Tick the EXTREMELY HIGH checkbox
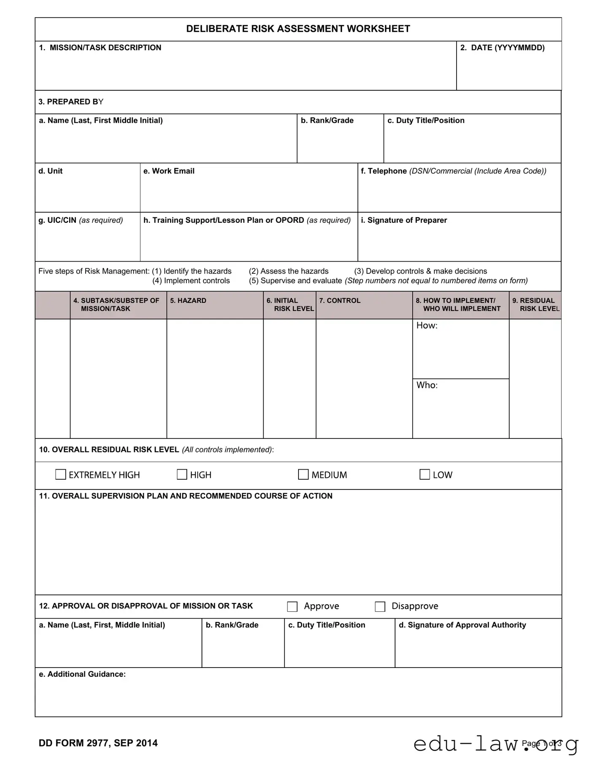pyautogui.click(x=61, y=475)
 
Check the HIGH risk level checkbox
pyautogui.click(x=182, y=475)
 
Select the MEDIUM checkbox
pyautogui.click(x=303, y=475)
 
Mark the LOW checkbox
pyautogui.click(x=425, y=475)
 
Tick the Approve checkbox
pyautogui.click(x=292, y=607)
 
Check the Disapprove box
pyautogui.click(x=380, y=607)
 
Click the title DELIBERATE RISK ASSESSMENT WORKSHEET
pyautogui.click(x=298, y=29)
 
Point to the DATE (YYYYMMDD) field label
pyautogui.click(x=502, y=48)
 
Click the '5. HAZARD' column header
pyautogui.click(x=188, y=300)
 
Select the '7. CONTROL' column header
pyautogui.click(x=339, y=300)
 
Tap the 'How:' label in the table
pyautogui.click(x=427, y=325)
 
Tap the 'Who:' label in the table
pyautogui.click(x=427, y=385)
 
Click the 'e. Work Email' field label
pyautogui.click(x=169, y=171)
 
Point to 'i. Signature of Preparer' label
pyautogui.click(x=403, y=220)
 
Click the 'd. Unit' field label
pyautogui.click(x=50, y=171)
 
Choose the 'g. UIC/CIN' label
pyautogui.click(x=57, y=220)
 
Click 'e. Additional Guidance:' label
pyautogui.click(x=82, y=674)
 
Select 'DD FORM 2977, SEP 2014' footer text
pyautogui.click(x=98, y=743)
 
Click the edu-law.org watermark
pyautogui.click(x=495, y=744)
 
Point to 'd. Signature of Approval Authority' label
pyautogui.click(x=462, y=625)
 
